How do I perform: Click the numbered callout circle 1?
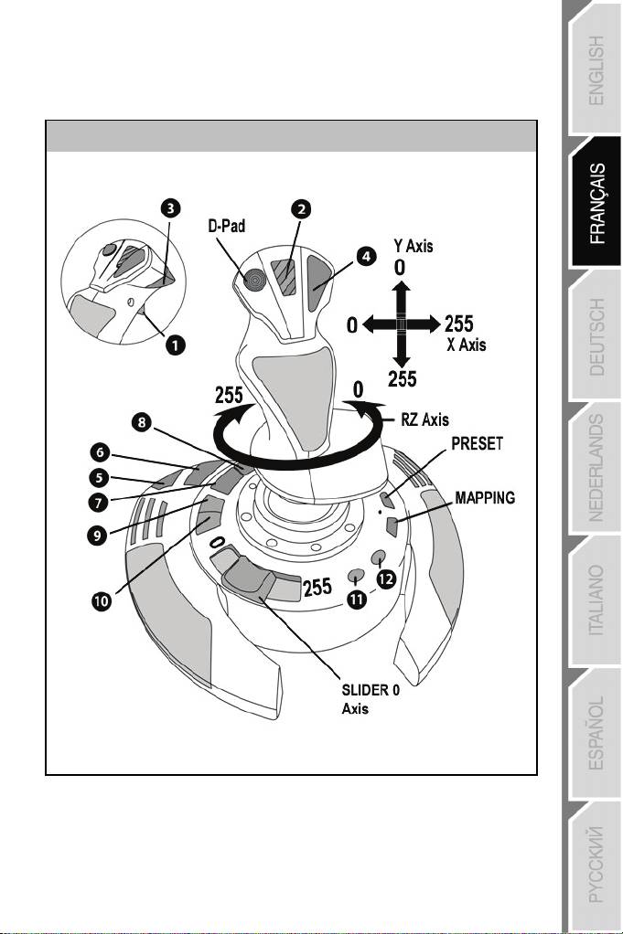[x=174, y=345]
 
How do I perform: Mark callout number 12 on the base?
[x=389, y=579]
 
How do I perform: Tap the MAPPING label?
[x=484, y=498]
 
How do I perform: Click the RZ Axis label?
[x=425, y=419]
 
